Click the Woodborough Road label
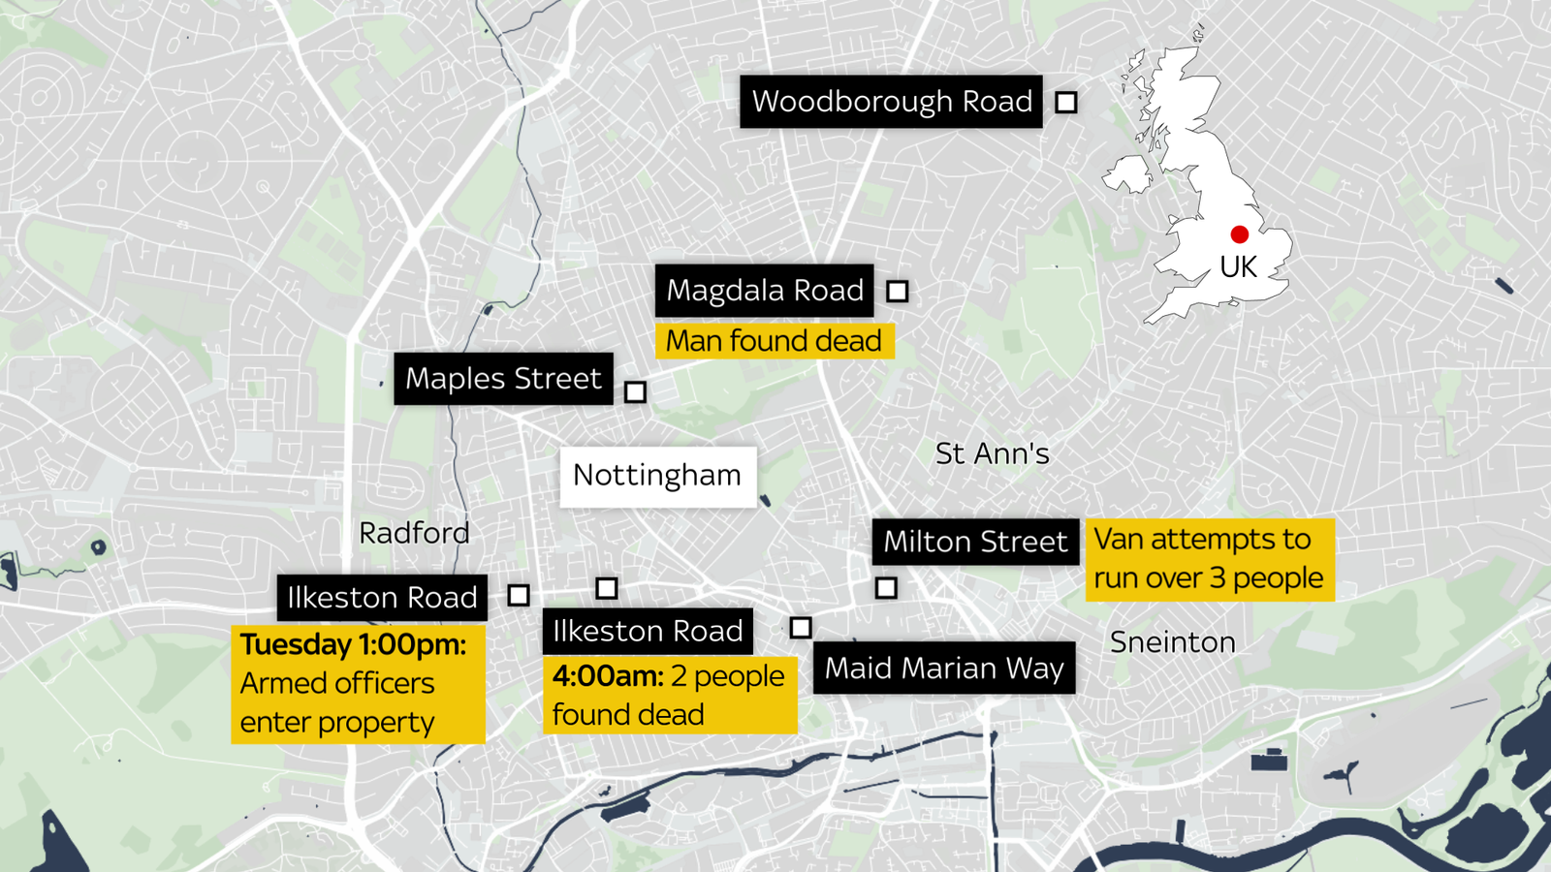(x=891, y=102)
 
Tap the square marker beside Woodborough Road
(x=1066, y=102)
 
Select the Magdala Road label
(x=764, y=291)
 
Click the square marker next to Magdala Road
(x=898, y=291)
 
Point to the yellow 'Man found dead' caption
(x=774, y=341)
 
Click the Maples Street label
(x=503, y=379)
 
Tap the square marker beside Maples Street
(x=635, y=391)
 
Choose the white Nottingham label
(x=657, y=476)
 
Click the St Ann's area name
(x=992, y=453)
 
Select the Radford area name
(x=414, y=533)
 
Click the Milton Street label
(x=974, y=542)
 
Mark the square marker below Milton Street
(x=886, y=587)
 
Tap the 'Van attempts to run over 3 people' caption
(x=1209, y=559)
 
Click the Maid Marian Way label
(x=943, y=669)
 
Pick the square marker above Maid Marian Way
(x=801, y=628)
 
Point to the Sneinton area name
(x=1172, y=642)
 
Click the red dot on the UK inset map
(x=1239, y=234)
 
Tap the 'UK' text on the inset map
(x=1238, y=267)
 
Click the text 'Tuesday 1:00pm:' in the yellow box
(x=353, y=644)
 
